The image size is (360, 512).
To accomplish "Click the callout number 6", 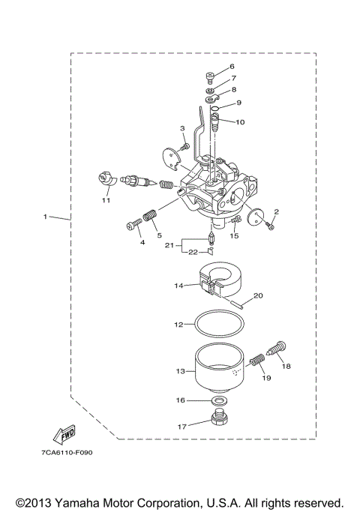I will click(x=232, y=67).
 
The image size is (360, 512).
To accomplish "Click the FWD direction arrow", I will click(x=58, y=434).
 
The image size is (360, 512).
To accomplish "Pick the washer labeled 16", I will click(x=218, y=402).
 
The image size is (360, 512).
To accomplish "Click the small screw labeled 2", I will click(x=273, y=225).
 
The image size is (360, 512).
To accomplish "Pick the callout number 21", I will click(x=169, y=245).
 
